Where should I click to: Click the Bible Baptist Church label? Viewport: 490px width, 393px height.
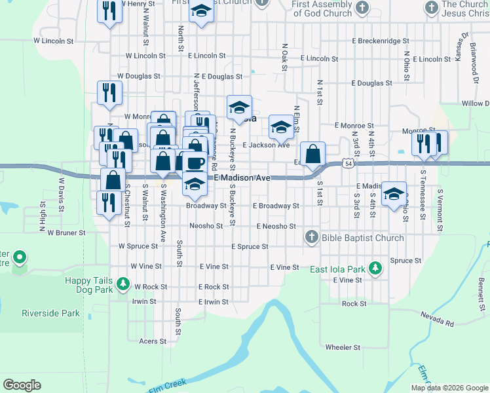362,238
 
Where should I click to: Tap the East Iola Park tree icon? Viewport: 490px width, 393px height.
375,268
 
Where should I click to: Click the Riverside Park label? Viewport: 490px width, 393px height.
50,313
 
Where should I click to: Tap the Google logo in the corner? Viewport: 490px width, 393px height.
22,384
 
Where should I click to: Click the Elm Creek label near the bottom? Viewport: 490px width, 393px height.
168,386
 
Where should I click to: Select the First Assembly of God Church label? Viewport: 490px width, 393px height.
322,9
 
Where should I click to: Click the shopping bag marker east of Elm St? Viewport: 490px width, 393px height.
314,155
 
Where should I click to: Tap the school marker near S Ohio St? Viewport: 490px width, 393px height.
394,194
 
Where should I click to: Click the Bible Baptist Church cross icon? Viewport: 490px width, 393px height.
311,237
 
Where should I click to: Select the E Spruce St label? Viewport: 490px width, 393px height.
250,247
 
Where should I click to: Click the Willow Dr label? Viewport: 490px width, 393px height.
474,103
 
